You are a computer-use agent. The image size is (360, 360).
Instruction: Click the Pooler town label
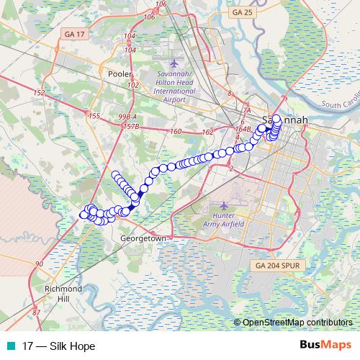tap(117, 73)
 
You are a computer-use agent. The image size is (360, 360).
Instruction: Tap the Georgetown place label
tap(143, 238)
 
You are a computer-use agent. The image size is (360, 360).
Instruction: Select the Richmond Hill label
tap(63, 293)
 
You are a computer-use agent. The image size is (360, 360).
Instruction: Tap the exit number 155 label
tap(94, 115)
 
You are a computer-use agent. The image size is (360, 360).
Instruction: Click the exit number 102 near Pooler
tap(132, 85)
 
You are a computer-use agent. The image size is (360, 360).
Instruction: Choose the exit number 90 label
tap(37, 266)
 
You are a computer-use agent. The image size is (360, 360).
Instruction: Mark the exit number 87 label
tap(37, 312)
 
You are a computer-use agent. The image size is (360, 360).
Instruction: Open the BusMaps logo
tap(325, 345)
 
